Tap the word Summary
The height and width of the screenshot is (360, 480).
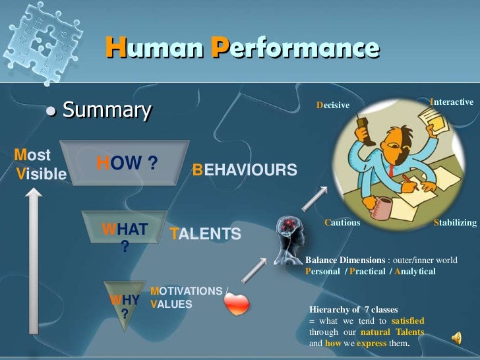pos(107,109)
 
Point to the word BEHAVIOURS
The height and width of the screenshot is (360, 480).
pos(244,170)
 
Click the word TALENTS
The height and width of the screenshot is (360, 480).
pos(205,234)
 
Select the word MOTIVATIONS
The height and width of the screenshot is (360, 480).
pos(187,291)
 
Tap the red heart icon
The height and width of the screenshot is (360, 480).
pos(237,303)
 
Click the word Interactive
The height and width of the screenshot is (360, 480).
pos(451,102)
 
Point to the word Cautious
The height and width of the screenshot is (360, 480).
pos(342,223)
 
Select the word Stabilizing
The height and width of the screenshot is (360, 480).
pos(454,223)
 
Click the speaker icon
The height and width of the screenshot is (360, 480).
pos(456,338)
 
